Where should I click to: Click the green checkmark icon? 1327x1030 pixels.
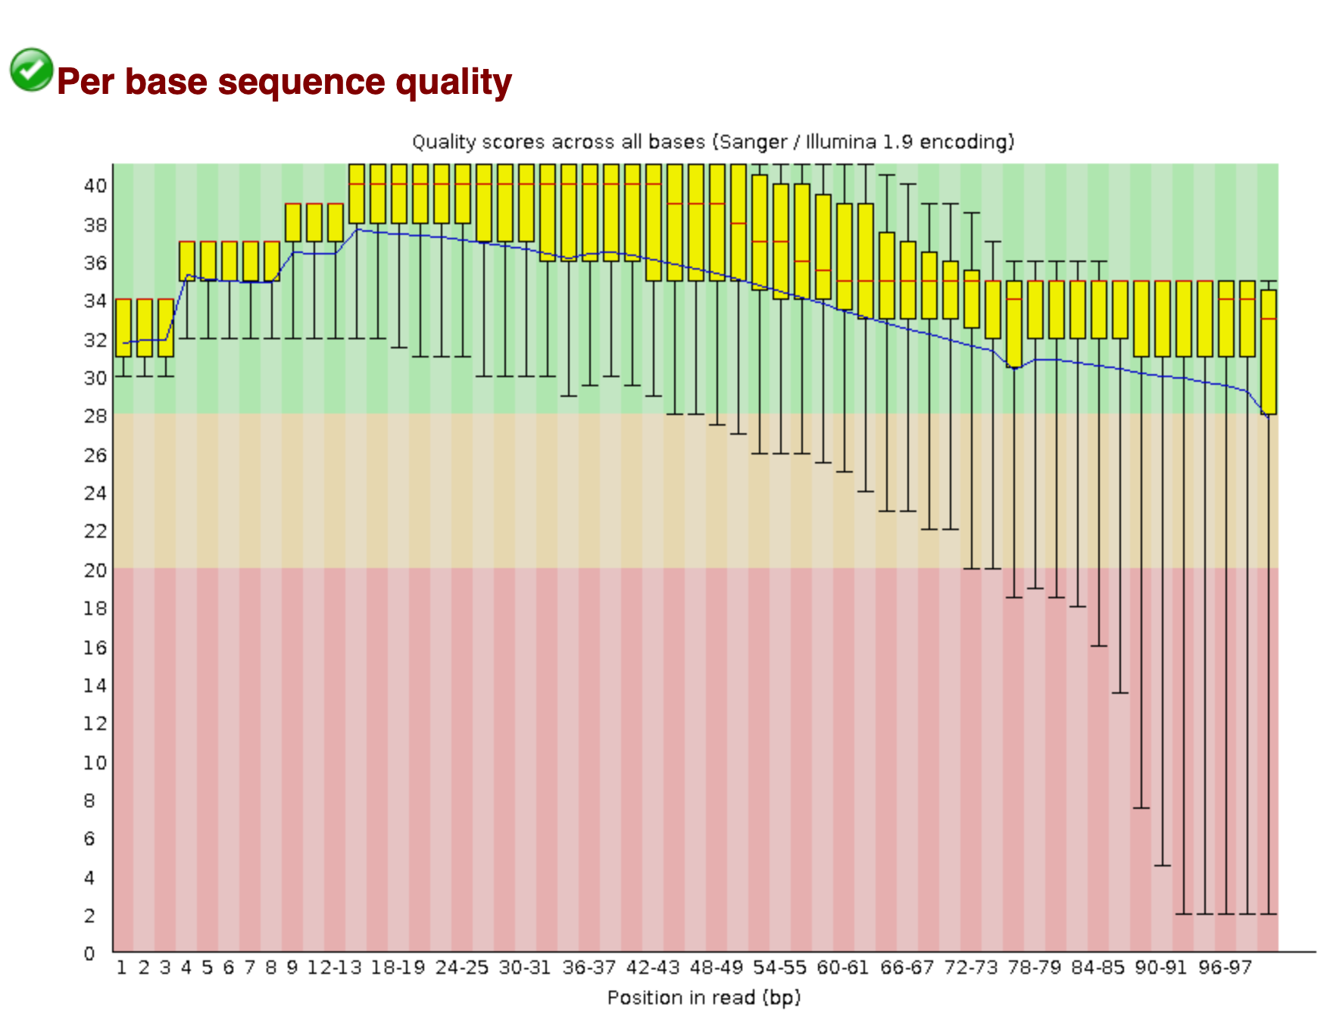coord(31,70)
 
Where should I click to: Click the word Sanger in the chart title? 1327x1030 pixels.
coord(753,142)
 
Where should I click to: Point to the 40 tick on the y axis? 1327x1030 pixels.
coord(95,186)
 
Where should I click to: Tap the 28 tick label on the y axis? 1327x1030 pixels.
coord(95,416)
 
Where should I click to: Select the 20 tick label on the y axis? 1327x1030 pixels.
coord(95,570)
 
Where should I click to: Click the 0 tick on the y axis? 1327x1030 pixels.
coord(90,953)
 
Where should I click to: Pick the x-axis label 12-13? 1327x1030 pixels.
coord(334,968)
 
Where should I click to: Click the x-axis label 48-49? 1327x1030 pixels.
coord(716,968)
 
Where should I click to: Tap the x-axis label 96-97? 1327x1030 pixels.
coord(1225,968)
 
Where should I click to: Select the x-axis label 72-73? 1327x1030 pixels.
coord(970,968)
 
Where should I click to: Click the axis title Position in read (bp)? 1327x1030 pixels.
coord(704,997)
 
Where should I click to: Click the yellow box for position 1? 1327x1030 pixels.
coord(123,327)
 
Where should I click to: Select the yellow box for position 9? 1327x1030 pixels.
coord(293,222)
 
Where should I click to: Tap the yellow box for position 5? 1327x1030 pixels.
coord(208,261)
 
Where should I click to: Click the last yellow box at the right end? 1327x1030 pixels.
coord(1269,351)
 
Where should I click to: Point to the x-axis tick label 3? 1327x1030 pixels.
coord(165,968)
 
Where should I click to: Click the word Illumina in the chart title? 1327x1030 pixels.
coord(841,142)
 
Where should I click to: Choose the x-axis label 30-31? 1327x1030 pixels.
coord(525,968)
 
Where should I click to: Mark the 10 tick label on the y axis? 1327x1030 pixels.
coord(95,762)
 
